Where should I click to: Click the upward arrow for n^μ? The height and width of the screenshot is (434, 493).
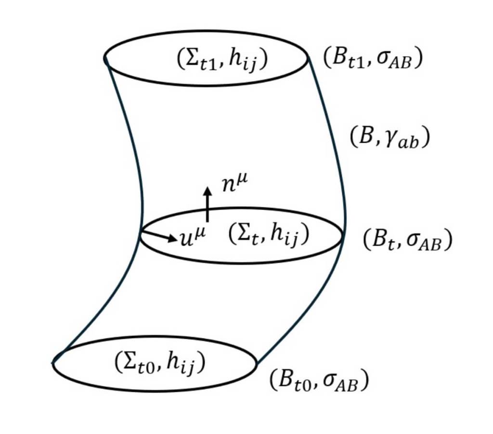click(x=208, y=204)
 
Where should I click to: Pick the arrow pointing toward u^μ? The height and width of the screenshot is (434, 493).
click(x=159, y=236)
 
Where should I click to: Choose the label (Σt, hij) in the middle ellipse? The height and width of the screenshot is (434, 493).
click(x=268, y=236)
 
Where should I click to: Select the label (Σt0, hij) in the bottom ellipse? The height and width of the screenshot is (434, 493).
click(x=160, y=363)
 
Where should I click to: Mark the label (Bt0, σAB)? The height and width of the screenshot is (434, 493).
click(x=319, y=381)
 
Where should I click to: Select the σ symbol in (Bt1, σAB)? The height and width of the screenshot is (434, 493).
click(x=383, y=61)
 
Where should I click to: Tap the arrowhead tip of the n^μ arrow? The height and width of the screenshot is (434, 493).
click(x=208, y=188)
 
